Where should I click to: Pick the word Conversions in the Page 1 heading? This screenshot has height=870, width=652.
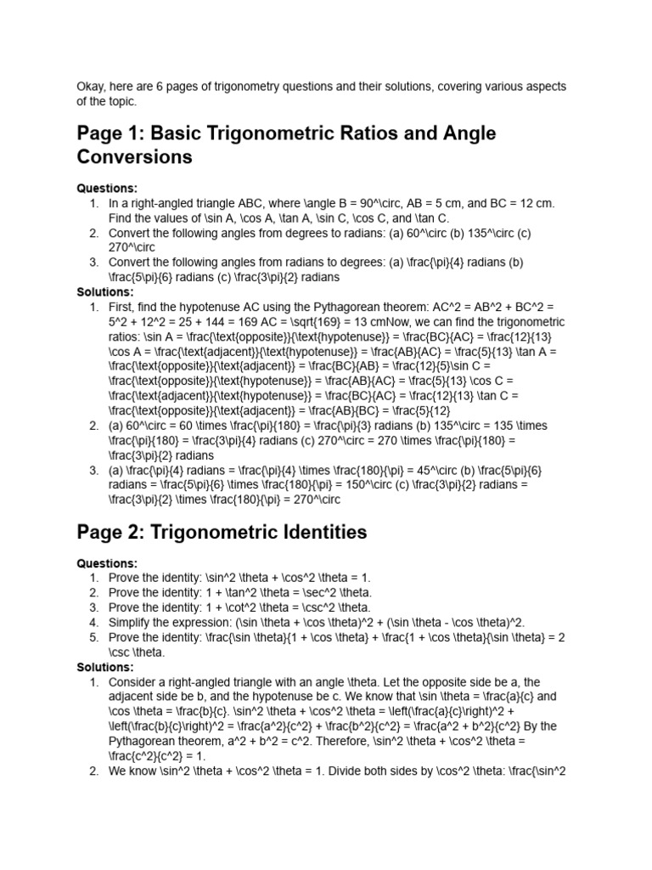[134, 158]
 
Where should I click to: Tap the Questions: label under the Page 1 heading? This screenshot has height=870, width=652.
[107, 189]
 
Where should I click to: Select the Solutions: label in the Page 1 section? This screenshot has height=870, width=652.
[105, 291]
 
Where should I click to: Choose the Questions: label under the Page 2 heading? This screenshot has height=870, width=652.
[107, 563]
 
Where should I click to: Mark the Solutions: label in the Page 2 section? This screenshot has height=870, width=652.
[105, 668]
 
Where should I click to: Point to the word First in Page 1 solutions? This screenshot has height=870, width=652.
[122, 307]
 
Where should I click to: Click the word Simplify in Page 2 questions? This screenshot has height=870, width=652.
[132, 623]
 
